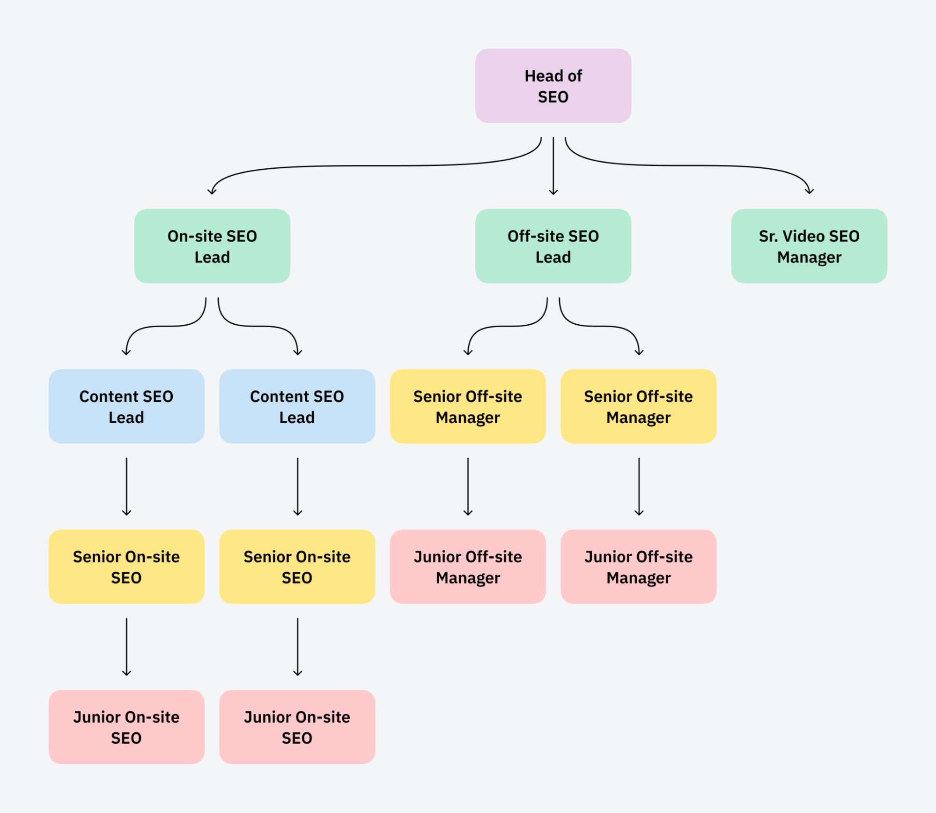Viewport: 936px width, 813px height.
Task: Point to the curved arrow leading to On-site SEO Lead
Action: pos(375,166)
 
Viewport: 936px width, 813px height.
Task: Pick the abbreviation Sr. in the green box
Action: pos(768,236)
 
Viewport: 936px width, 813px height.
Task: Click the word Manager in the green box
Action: pos(809,257)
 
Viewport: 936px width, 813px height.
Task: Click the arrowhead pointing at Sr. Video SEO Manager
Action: pos(809,191)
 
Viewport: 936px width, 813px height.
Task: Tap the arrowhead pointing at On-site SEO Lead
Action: pos(212,191)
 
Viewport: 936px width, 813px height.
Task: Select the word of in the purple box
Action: pos(574,76)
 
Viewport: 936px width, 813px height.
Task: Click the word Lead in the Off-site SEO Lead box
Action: pos(553,257)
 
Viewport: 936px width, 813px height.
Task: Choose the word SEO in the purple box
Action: pos(553,97)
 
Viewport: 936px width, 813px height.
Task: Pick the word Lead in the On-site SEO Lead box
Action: pos(212,257)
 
